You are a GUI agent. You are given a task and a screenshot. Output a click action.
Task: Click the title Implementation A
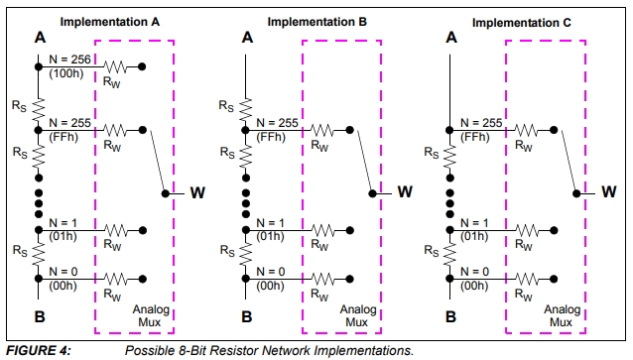(110, 22)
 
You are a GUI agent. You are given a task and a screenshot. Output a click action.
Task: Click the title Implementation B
(316, 22)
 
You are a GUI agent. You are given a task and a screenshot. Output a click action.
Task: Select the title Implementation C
(522, 23)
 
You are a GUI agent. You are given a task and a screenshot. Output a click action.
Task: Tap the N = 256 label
(69, 60)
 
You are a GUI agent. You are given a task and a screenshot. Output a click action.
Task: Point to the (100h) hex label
(66, 73)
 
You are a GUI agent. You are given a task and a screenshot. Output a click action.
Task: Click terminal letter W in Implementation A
(197, 192)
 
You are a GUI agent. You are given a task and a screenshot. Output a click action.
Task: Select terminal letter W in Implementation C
(609, 191)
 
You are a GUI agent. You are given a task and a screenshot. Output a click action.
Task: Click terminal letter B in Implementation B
(247, 316)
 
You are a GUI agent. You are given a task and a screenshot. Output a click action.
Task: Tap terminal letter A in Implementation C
(451, 38)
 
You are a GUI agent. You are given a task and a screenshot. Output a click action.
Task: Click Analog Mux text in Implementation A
(151, 316)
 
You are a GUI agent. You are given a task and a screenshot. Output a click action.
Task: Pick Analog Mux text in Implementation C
(562, 316)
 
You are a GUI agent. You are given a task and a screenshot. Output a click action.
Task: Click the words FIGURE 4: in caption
(39, 350)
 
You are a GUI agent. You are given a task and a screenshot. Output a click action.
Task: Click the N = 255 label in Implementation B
(278, 123)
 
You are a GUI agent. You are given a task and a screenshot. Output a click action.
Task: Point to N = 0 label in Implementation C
(474, 272)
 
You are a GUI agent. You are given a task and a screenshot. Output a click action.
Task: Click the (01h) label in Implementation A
(63, 236)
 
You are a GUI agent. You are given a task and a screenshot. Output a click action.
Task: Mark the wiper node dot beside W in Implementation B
(372, 193)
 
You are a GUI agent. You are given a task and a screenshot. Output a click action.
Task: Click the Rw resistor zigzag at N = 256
(115, 66)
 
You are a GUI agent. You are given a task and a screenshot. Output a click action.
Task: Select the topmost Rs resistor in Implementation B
(245, 109)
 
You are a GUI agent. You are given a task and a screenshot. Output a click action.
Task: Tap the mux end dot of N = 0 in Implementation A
(143, 279)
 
